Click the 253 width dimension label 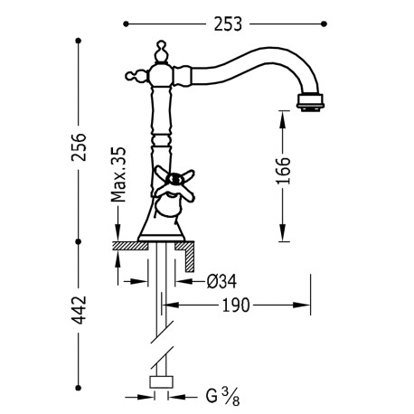tap(228, 24)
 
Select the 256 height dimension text tap(79, 147)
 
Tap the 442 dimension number tap(80, 310)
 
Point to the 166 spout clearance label tap(283, 171)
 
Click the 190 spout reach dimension tap(236, 306)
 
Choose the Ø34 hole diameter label tap(221, 282)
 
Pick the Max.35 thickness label tap(118, 174)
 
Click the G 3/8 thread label tap(223, 397)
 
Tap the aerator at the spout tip tap(310, 101)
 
